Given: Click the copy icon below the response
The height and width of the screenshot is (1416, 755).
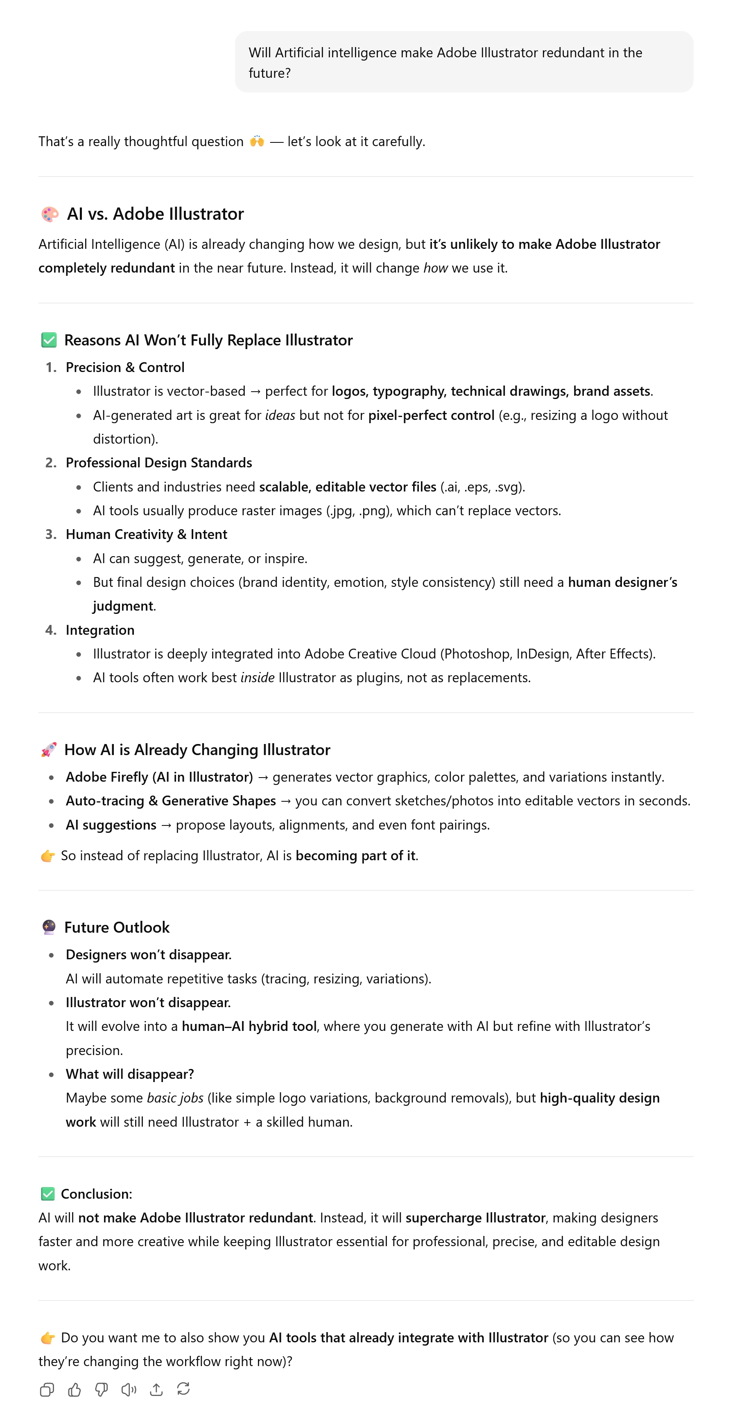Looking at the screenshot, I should [47, 1390].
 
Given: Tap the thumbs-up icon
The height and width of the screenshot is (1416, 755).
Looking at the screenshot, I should [74, 1390].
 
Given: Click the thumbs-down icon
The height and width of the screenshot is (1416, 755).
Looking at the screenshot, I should [102, 1390].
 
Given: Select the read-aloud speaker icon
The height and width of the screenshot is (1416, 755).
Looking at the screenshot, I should [129, 1390].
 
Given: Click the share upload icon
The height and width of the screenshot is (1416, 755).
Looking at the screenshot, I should [156, 1390].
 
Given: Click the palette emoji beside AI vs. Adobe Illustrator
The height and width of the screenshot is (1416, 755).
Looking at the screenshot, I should [50, 214].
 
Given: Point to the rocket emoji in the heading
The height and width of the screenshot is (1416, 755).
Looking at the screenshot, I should [48, 750].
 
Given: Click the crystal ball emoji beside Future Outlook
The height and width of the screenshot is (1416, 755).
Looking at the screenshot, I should [48, 927].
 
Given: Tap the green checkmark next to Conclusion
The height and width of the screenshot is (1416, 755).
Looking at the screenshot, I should [48, 1194].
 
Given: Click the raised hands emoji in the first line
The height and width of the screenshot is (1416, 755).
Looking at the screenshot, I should [257, 141].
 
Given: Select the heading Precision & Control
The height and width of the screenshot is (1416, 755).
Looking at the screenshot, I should [125, 367].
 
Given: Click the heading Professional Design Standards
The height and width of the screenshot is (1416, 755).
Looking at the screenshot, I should [159, 463].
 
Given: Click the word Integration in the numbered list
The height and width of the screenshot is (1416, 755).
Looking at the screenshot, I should [100, 630].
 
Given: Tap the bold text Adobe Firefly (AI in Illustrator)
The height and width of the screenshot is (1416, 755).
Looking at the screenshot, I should [159, 777].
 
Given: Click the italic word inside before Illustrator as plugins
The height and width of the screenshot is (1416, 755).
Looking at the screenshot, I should [258, 678].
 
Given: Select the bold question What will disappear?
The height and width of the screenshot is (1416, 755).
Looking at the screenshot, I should [130, 1074].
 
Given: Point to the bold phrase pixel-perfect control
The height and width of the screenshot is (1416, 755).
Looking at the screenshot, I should [431, 415].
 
